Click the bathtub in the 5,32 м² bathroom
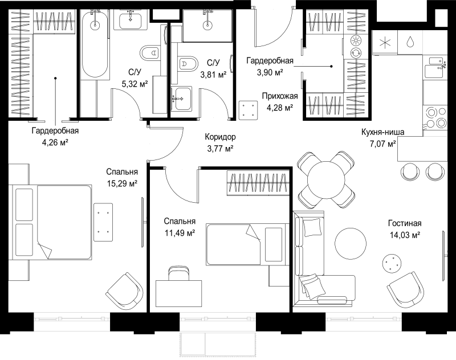click(95, 44)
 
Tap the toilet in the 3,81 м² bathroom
click(187, 64)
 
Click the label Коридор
click(220, 137)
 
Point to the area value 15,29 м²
click(122, 183)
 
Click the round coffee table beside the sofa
click(351, 244)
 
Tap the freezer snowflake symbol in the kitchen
click(385, 43)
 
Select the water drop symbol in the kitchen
click(410, 42)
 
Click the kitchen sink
click(434, 67)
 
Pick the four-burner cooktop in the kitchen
click(435, 118)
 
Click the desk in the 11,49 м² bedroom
click(179, 293)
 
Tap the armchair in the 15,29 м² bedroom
click(124, 292)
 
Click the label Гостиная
click(405, 223)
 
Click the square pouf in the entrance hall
click(248, 110)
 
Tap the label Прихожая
click(280, 96)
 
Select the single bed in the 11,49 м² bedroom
click(247, 244)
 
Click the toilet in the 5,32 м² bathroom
click(150, 53)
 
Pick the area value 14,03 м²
click(405, 235)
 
